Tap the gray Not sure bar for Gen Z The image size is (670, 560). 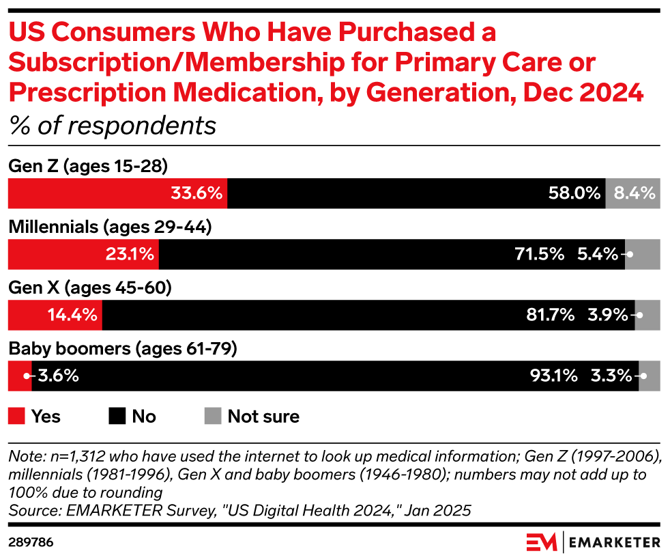(x=632, y=193)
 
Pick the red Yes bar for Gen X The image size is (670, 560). (x=55, y=315)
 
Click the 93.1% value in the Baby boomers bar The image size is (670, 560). (x=553, y=376)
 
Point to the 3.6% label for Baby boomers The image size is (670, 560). (x=58, y=376)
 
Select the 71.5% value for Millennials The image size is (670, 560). (x=540, y=254)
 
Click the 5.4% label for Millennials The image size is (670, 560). (x=597, y=254)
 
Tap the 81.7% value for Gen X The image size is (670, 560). (x=550, y=315)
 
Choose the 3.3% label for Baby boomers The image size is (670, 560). (x=611, y=376)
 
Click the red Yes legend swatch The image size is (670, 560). (x=17, y=416)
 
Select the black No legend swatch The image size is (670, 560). (x=117, y=416)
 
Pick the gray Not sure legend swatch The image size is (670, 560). (x=213, y=416)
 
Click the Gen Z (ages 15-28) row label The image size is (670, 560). (x=87, y=166)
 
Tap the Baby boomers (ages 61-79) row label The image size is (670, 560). (x=122, y=350)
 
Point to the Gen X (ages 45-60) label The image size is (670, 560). (x=89, y=288)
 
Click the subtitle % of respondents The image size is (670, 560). (x=112, y=126)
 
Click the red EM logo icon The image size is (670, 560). (x=542, y=542)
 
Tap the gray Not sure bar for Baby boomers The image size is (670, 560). (x=649, y=376)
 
